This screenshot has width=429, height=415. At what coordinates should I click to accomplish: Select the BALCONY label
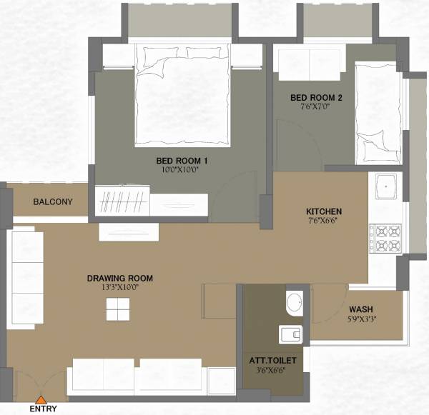[53, 202]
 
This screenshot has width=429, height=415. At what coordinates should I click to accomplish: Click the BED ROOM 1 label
[182, 161]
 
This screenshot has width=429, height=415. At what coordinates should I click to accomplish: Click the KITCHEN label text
[324, 212]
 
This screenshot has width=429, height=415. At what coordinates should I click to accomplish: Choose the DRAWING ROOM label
[120, 279]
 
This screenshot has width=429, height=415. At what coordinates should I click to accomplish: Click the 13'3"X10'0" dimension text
[120, 287]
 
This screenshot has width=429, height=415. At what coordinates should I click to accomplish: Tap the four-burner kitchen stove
[385, 239]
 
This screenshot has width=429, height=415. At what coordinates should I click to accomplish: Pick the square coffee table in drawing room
[119, 309]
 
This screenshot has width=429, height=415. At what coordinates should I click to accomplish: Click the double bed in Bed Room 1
[183, 93]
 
